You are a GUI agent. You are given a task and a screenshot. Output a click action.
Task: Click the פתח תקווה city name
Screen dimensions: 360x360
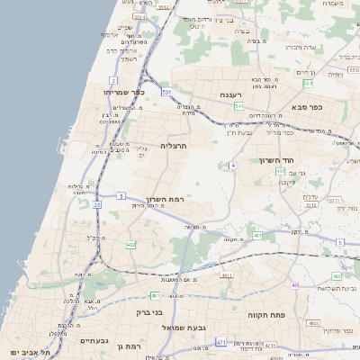coord(266,316)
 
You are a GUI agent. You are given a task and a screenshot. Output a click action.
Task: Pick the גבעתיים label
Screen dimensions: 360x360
coord(94,341)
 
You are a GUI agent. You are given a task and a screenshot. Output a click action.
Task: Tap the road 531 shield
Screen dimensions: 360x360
coord(166,92)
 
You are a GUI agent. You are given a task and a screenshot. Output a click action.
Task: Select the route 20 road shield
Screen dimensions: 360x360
coord(97,204)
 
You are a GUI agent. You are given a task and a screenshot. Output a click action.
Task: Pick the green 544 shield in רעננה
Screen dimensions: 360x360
coord(238,106)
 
